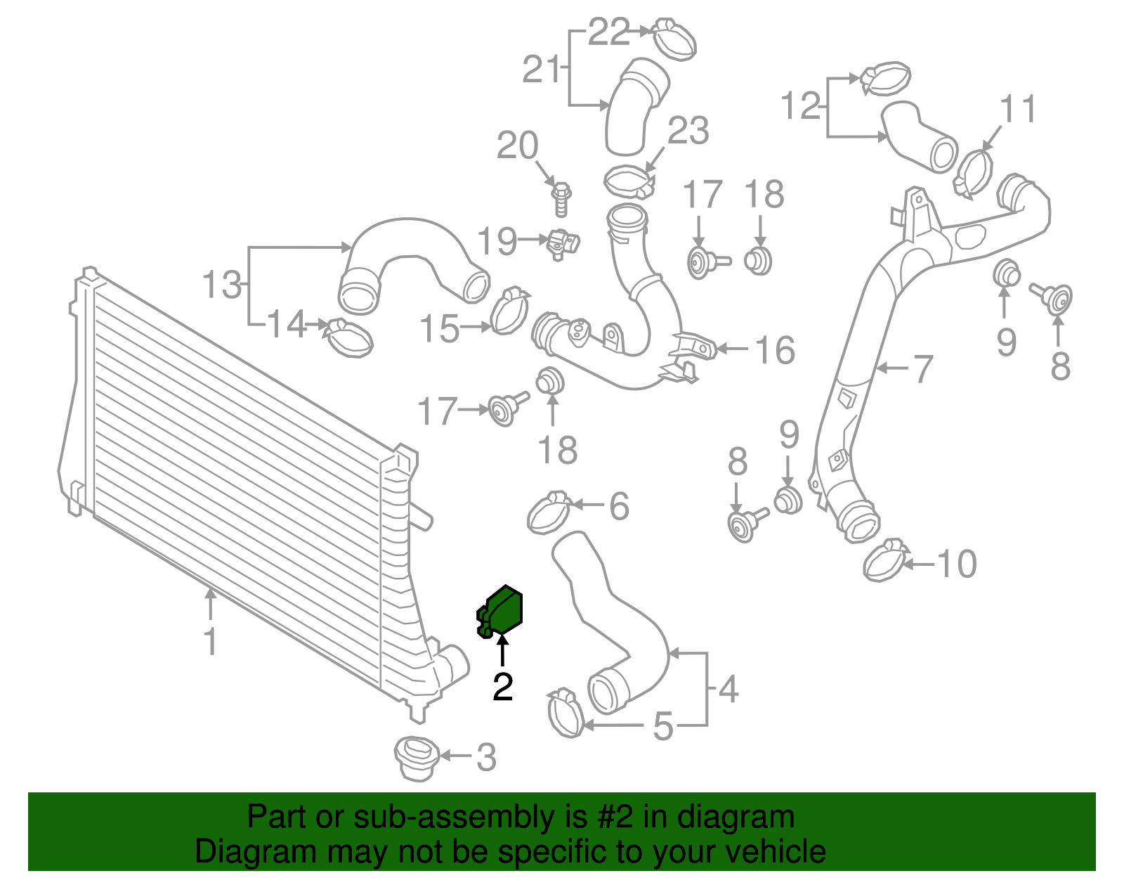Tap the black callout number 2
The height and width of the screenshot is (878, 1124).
pyautogui.click(x=502, y=687)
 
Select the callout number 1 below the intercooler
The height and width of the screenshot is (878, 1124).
pyautogui.click(x=210, y=642)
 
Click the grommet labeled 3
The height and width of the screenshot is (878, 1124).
pyautogui.click(x=417, y=758)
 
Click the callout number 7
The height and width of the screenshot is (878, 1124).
pyautogui.click(x=922, y=368)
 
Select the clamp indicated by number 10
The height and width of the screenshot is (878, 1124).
pyautogui.click(x=883, y=560)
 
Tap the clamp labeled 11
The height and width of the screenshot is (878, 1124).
pyautogui.click(x=974, y=172)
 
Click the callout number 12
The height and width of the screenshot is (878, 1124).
pyautogui.click(x=801, y=106)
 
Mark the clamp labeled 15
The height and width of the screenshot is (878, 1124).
pyautogui.click(x=509, y=311)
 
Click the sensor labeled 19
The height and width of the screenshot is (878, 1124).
pyautogui.click(x=563, y=243)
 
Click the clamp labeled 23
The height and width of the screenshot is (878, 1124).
pyautogui.click(x=629, y=181)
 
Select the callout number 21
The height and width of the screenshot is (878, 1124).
pyautogui.click(x=542, y=69)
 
